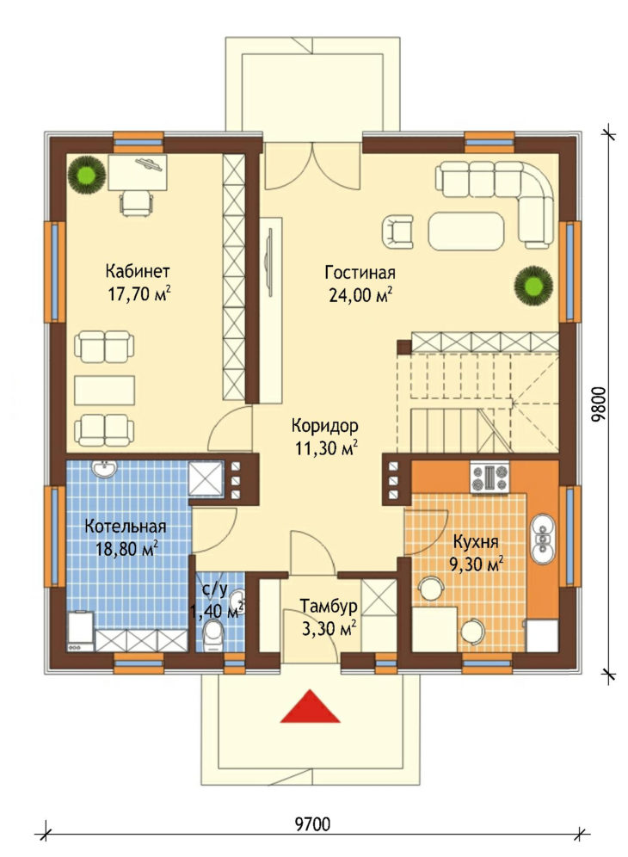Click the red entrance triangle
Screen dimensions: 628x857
tap(310, 708)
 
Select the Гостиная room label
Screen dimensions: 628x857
tap(360, 272)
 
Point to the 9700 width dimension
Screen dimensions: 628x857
tap(312, 823)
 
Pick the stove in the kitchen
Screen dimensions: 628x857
tap(489, 478)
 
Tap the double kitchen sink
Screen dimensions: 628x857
tap(543, 537)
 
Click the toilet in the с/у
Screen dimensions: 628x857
tap(212, 637)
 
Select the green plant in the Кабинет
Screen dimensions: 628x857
tap(86, 174)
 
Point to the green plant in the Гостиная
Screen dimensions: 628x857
tap(533, 285)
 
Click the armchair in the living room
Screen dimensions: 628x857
tap(397, 231)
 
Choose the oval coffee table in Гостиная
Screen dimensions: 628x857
tap(465, 231)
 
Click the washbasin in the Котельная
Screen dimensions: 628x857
tap(103, 469)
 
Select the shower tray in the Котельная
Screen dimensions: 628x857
tap(206, 478)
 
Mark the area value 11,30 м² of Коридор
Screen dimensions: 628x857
tap(326, 448)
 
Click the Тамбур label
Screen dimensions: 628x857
tap(329, 606)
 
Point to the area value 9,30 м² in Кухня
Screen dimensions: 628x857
tap(476, 564)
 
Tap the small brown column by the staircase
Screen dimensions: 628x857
tap(404, 347)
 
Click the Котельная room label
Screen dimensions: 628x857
tap(125, 527)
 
